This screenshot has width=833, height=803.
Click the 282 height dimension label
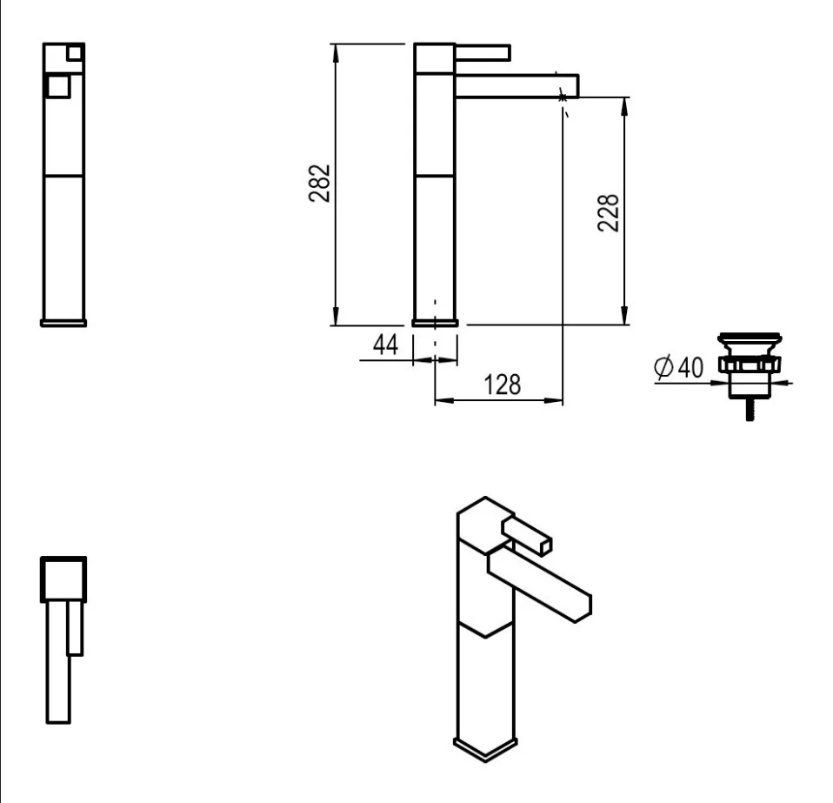[x=319, y=184]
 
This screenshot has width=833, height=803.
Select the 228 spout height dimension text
[x=609, y=212]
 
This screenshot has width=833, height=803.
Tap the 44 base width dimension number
[x=385, y=345]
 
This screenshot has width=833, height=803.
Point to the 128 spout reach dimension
[x=502, y=385]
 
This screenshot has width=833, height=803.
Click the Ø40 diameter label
[x=679, y=367]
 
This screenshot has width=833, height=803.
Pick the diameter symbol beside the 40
[x=663, y=367]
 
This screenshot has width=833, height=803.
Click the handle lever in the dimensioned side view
[x=483, y=52]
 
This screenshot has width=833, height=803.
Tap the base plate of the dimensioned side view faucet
[x=435, y=323]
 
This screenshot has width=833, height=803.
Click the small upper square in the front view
[x=75, y=53]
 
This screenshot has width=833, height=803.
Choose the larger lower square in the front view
[x=58, y=87]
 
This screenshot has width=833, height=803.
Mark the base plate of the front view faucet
[x=63, y=323]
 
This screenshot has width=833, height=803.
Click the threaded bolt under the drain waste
[x=750, y=410]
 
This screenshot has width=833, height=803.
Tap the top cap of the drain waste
[x=750, y=338]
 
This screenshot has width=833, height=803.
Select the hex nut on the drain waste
[x=750, y=365]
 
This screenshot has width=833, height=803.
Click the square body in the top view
[x=63, y=579]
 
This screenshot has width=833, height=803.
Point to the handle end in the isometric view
[x=545, y=546]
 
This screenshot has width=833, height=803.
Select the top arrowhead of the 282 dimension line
[x=336, y=52]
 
